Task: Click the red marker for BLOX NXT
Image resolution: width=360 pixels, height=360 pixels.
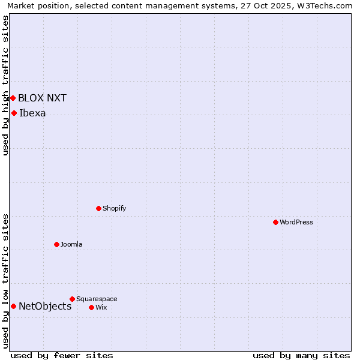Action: click(13, 98)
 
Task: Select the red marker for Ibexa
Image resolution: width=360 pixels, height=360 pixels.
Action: click(14, 113)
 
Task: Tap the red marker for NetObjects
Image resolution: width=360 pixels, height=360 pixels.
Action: click(13, 306)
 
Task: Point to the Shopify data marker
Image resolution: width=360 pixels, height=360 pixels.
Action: click(98, 208)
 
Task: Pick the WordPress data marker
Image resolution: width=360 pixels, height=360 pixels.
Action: click(275, 222)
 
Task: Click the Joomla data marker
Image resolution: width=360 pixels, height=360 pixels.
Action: click(56, 244)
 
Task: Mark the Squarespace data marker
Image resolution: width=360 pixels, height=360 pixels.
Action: click(72, 299)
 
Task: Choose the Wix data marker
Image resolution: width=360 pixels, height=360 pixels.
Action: click(91, 307)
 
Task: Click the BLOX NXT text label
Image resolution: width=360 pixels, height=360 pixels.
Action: click(42, 98)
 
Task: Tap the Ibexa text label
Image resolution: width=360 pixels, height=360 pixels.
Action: click(32, 113)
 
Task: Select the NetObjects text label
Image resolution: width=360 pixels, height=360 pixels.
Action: click(45, 306)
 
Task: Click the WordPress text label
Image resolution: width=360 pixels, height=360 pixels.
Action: click(296, 222)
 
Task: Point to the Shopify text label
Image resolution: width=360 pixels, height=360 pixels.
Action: click(114, 208)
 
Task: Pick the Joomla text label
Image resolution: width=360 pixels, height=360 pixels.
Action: click(71, 244)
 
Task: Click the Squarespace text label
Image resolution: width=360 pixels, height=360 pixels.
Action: click(97, 299)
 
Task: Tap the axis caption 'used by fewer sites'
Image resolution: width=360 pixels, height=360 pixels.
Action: click(62, 355)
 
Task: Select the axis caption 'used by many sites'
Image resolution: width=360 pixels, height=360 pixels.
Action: click(301, 355)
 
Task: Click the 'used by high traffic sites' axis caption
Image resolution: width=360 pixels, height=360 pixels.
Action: click(5, 85)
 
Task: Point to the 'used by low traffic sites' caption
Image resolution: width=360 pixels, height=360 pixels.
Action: click(5, 281)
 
